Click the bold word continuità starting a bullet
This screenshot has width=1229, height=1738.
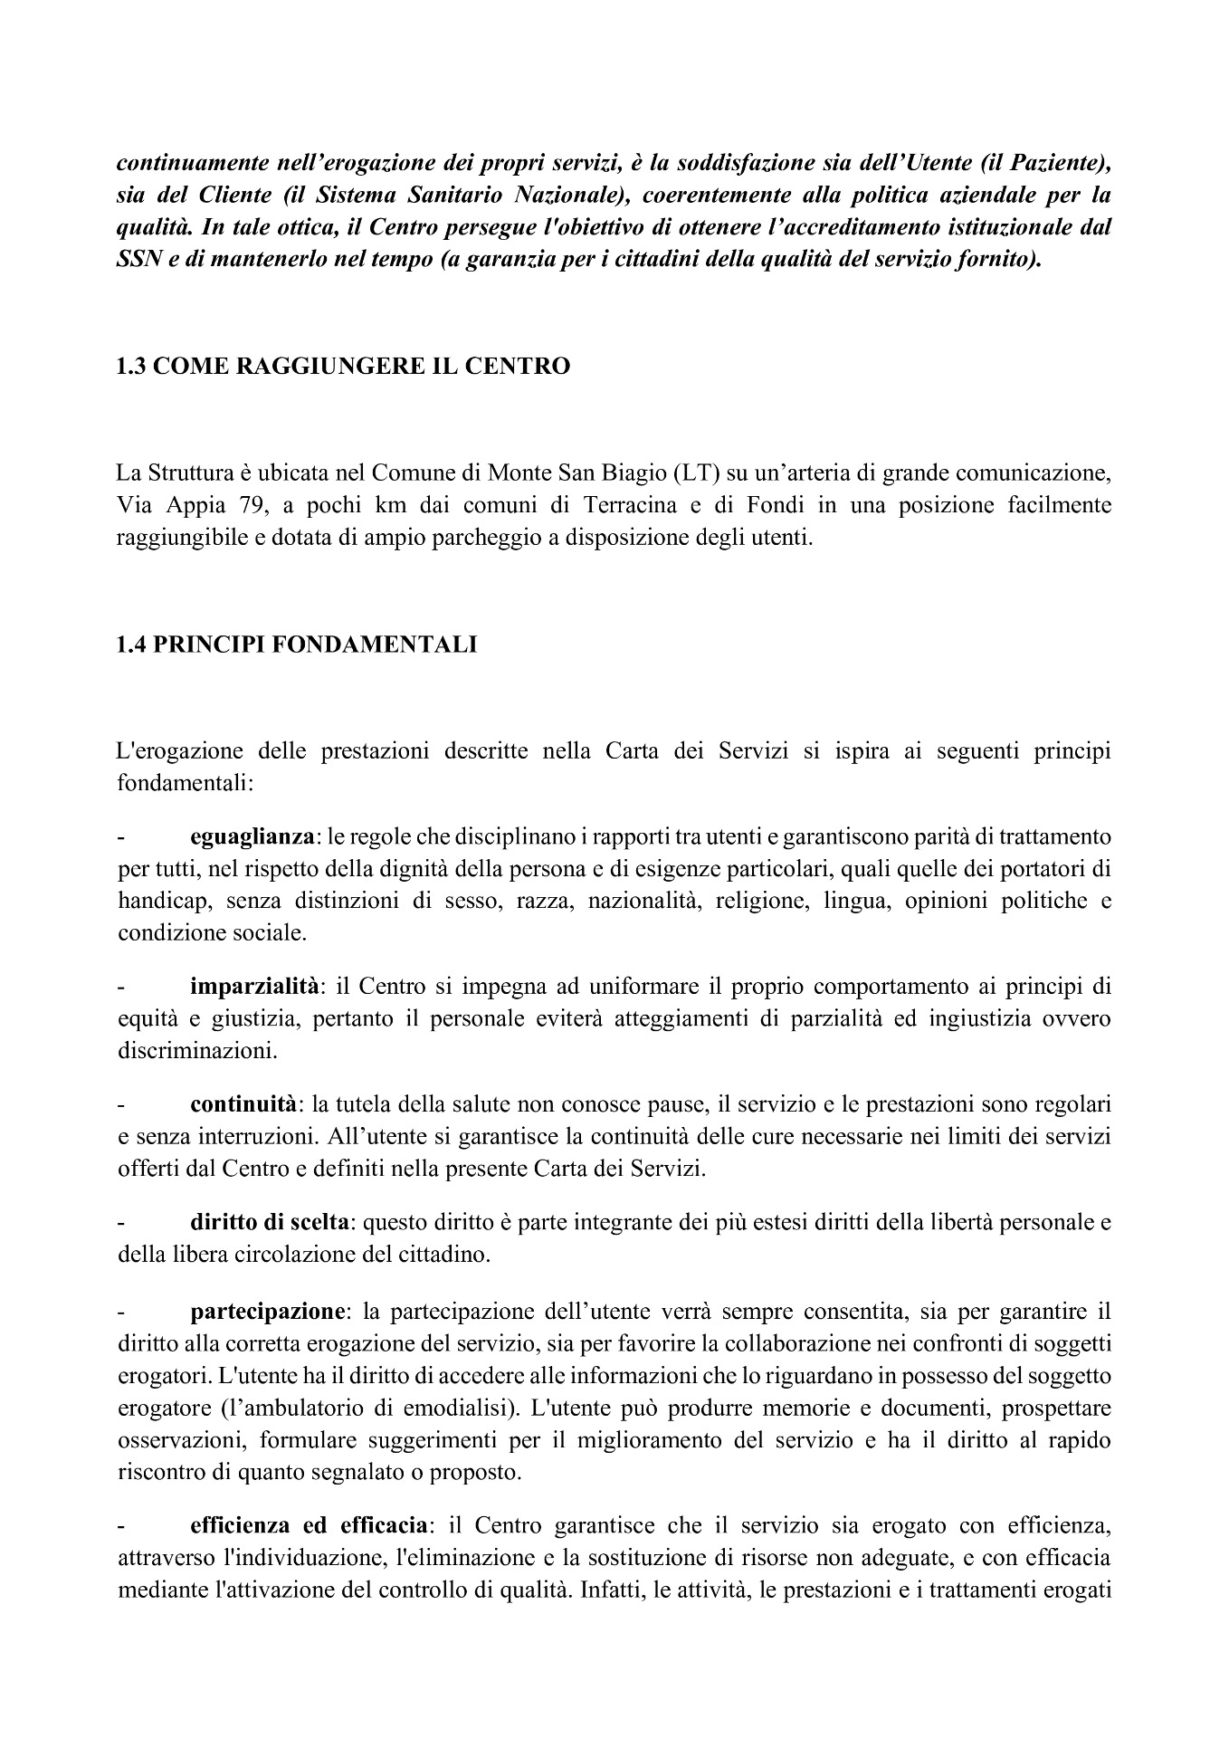243,1103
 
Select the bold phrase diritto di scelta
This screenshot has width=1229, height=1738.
269,1222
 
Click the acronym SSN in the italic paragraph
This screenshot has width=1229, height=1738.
140,261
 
